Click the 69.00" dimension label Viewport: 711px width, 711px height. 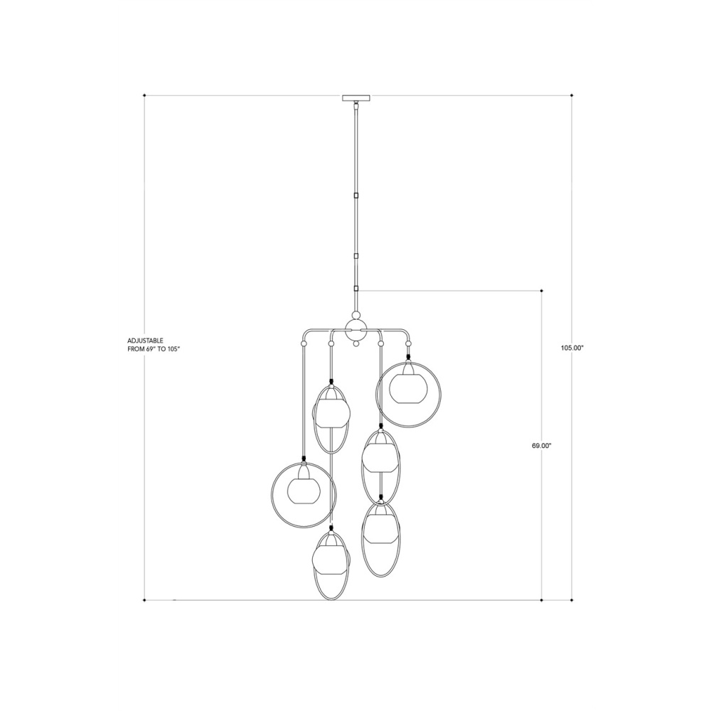541,446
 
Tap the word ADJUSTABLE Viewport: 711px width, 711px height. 146,340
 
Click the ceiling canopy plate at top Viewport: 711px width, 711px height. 356,98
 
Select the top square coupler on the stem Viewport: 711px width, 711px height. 356,196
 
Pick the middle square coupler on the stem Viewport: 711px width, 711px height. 356,256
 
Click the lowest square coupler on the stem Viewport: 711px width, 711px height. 356,289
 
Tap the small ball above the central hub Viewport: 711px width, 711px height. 356,315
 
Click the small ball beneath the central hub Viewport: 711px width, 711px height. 356,344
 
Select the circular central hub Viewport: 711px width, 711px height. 356,330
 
